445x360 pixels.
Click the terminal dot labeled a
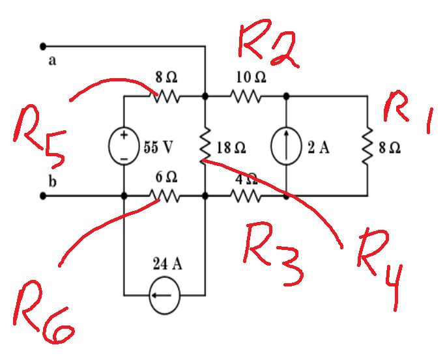click(43, 46)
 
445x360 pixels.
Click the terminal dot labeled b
click(43, 195)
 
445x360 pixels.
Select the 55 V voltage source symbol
click(124, 146)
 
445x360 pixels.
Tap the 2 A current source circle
click(286, 146)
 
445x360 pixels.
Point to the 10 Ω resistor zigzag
click(245, 96)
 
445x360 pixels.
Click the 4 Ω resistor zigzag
click(245, 195)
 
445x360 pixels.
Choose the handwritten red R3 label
click(274, 257)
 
